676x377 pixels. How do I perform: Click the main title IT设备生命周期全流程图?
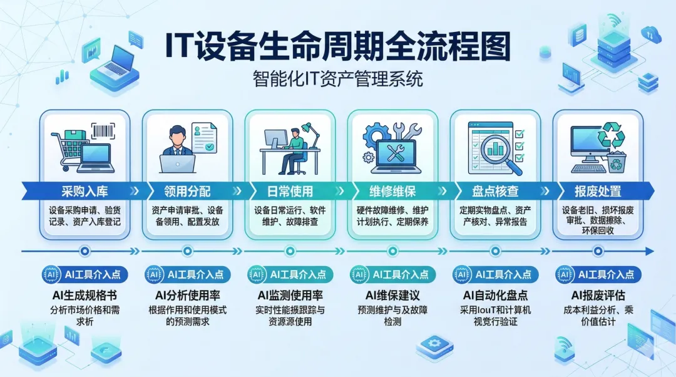click(337, 48)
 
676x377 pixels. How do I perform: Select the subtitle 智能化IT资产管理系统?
click(338, 80)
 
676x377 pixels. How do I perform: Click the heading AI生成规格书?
click(85, 295)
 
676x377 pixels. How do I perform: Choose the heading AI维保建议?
click(392, 295)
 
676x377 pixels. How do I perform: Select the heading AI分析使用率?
click(187, 295)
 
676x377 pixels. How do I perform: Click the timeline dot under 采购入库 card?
click(85, 252)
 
